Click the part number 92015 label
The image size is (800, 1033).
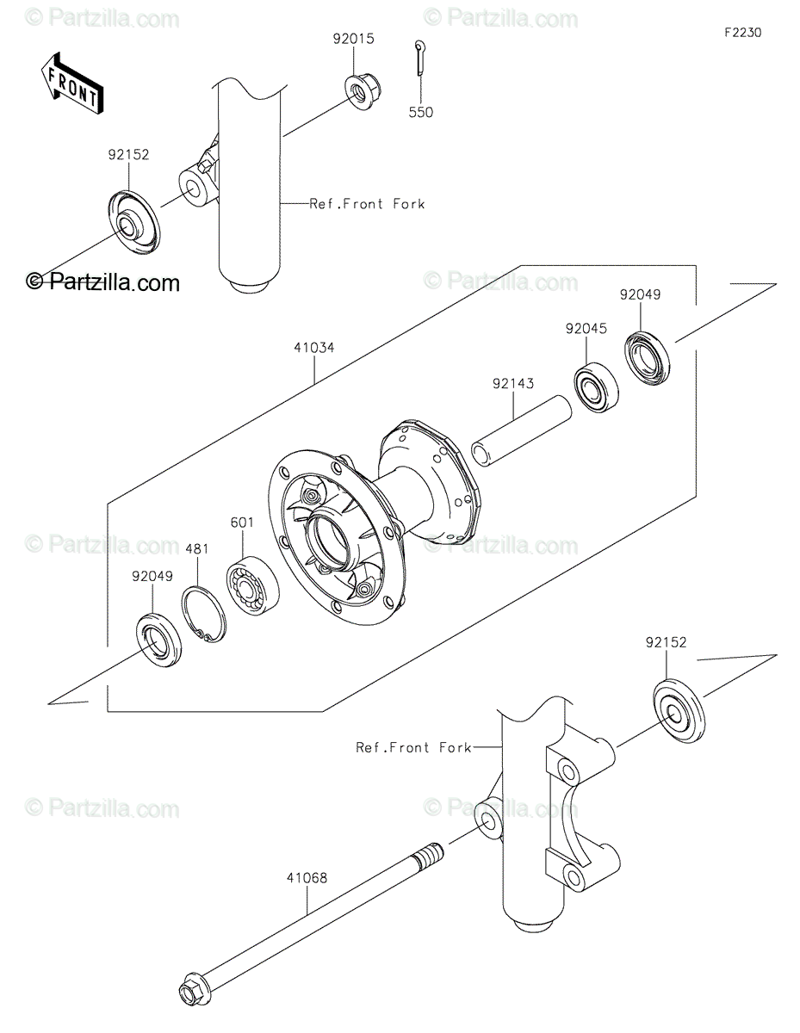pos(353,39)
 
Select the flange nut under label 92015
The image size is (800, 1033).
pos(363,93)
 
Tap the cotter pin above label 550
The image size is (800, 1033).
pos(421,57)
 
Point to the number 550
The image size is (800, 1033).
pos(421,113)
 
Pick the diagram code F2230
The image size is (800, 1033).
pos(743,33)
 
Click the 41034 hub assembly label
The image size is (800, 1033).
pos(313,348)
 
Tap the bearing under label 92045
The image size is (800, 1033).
pos(596,387)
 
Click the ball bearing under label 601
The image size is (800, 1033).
pos(252,586)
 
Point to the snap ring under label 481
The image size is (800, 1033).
pos(204,615)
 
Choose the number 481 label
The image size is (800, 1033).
pos(197,549)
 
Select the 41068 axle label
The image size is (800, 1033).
pos(307,877)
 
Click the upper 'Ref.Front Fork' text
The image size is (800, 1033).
pos(367,204)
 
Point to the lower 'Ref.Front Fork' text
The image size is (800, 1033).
pos(413,748)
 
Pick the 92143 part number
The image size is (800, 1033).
pos(513,383)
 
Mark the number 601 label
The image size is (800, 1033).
pos(242,523)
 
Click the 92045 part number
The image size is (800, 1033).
pos(586,329)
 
